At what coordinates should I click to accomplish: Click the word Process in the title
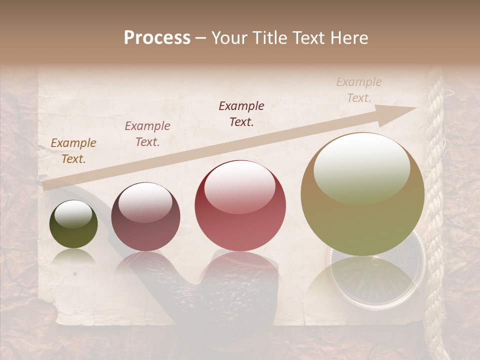pyautogui.click(x=157, y=38)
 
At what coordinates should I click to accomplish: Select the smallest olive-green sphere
pyautogui.click(x=73, y=224)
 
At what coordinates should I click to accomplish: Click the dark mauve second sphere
pyautogui.click(x=145, y=217)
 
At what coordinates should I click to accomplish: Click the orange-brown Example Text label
pyautogui.click(x=73, y=150)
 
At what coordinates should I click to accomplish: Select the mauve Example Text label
pyautogui.click(x=147, y=133)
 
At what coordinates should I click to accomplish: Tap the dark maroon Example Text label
pyautogui.click(x=241, y=113)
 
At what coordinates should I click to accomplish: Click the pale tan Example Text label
pyautogui.click(x=358, y=89)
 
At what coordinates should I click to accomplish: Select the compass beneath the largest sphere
pyautogui.click(x=376, y=280)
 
